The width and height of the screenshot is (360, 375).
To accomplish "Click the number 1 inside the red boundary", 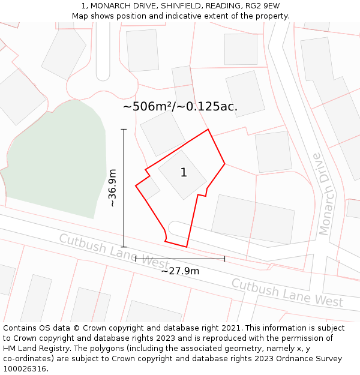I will (184, 173).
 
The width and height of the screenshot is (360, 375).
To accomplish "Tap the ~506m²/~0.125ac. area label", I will (180, 107).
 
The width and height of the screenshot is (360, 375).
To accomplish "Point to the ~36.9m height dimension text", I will (112, 188).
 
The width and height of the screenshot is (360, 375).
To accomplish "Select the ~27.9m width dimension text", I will (180, 271).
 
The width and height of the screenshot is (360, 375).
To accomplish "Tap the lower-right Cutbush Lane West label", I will (287, 292).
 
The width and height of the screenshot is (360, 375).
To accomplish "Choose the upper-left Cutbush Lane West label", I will (114, 251).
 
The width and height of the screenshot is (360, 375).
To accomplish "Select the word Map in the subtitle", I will (80, 16).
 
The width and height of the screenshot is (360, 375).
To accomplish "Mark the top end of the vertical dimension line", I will (124, 129).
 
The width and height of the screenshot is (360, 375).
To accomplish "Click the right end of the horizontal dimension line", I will (224, 259).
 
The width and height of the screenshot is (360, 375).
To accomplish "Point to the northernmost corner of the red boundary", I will (208, 130).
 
